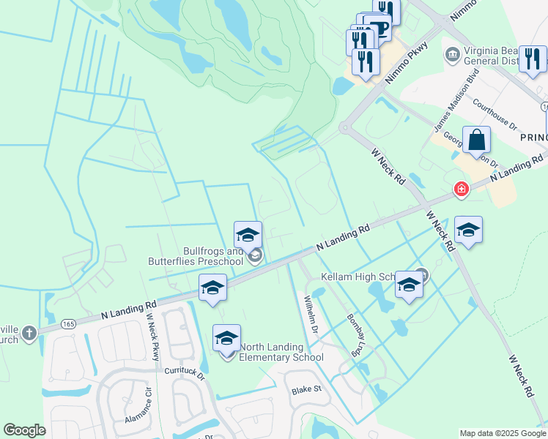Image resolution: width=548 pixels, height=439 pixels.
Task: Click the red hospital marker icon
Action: (x=461, y=190)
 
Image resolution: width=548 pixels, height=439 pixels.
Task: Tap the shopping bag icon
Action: (x=476, y=139)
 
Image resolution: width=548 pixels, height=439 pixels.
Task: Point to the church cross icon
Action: (x=29, y=333)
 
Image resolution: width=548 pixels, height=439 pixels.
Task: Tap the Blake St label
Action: (x=307, y=391)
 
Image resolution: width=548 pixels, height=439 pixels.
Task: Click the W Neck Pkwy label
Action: (x=152, y=336)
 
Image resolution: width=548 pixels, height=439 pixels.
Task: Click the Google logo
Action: (x=24, y=430)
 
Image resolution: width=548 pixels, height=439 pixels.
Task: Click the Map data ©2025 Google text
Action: (x=502, y=433)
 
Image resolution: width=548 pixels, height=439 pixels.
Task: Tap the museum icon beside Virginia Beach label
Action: (x=452, y=55)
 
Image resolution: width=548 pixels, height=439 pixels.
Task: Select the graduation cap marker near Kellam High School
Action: (x=409, y=285)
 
